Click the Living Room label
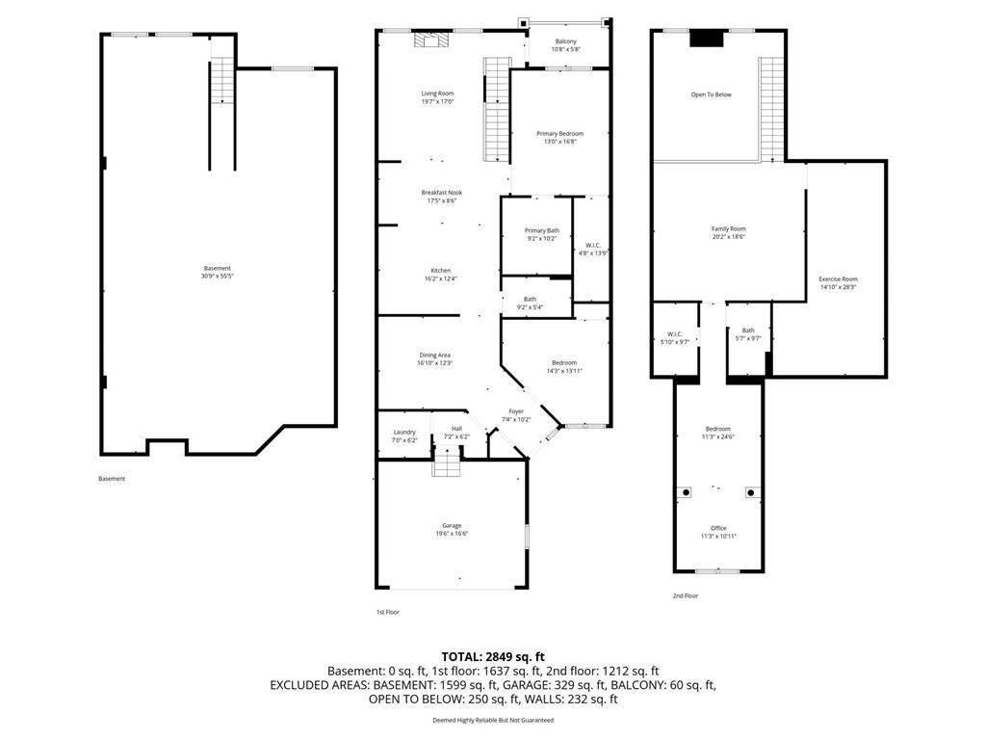coord(436,93)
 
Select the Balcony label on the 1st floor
coord(565,41)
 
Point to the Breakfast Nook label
coord(441,193)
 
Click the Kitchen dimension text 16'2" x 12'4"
coord(440,278)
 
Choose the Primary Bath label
coord(541,230)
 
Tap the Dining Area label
coord(435,355)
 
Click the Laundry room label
coord(404,432)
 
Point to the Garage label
coord(452,525)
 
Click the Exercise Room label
coord(838,278)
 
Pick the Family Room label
coord(729,228)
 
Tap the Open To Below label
coord(711,94)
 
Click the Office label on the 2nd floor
coord(718,528)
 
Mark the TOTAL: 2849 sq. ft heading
coord(493,656)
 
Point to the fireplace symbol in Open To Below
coord(708,39)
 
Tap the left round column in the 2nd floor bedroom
coord(687,492)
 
